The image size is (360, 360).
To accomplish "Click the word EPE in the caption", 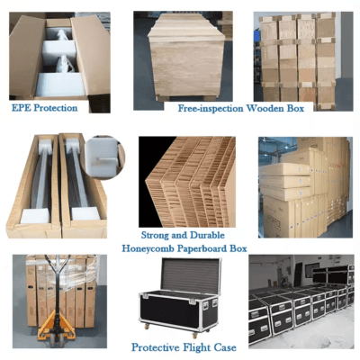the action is click(x=22, y=108).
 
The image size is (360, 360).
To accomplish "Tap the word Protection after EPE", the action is click(x=56, y=108).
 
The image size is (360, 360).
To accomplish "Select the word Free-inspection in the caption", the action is click(x=211, y=108).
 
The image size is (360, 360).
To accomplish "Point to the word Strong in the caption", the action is click(x=155, y=236).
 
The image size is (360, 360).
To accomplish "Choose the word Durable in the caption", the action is click(x=208, y=235).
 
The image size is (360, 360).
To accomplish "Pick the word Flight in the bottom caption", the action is click(x=196, y=347).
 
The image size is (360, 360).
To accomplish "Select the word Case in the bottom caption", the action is click(x=225, y=347).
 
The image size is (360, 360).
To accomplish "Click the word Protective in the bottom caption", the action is click(x=156, y=347).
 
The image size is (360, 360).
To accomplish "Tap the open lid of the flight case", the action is click(x=191, y=276).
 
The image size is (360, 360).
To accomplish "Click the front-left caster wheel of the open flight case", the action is click(x=146, y=326).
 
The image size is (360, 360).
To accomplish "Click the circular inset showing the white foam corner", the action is click(x=103, y=157).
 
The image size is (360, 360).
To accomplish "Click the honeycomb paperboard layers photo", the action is click(x=187, y=182).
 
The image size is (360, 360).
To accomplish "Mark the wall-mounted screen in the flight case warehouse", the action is click(x=312, y=270).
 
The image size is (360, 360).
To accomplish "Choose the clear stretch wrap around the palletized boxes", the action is click(x=62, y=273).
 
